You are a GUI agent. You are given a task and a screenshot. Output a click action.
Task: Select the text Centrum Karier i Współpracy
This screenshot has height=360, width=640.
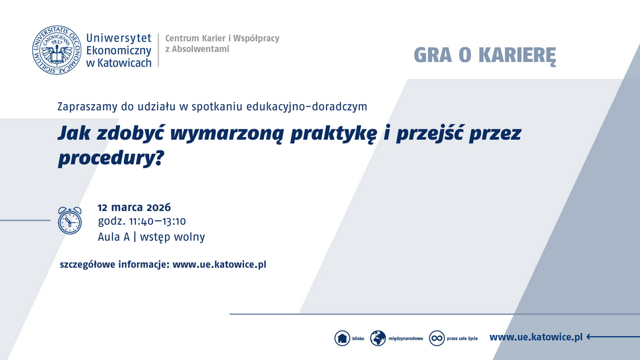point(222,38)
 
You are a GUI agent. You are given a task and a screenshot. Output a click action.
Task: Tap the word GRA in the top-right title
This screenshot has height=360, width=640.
point(432,55)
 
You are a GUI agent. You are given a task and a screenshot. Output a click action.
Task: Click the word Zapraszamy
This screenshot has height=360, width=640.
point(86,105)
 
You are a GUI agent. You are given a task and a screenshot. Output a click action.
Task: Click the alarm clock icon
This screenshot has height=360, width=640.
point(69,220)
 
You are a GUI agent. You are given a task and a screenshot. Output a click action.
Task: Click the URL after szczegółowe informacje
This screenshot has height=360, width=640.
point(219,264)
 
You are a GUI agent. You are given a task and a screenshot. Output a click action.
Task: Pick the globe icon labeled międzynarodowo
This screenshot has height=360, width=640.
point(378,338)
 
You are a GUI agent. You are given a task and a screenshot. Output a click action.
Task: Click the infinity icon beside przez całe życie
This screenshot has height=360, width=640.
point(436,338)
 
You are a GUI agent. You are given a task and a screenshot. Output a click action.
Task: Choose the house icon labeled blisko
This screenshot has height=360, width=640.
point(342,338)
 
